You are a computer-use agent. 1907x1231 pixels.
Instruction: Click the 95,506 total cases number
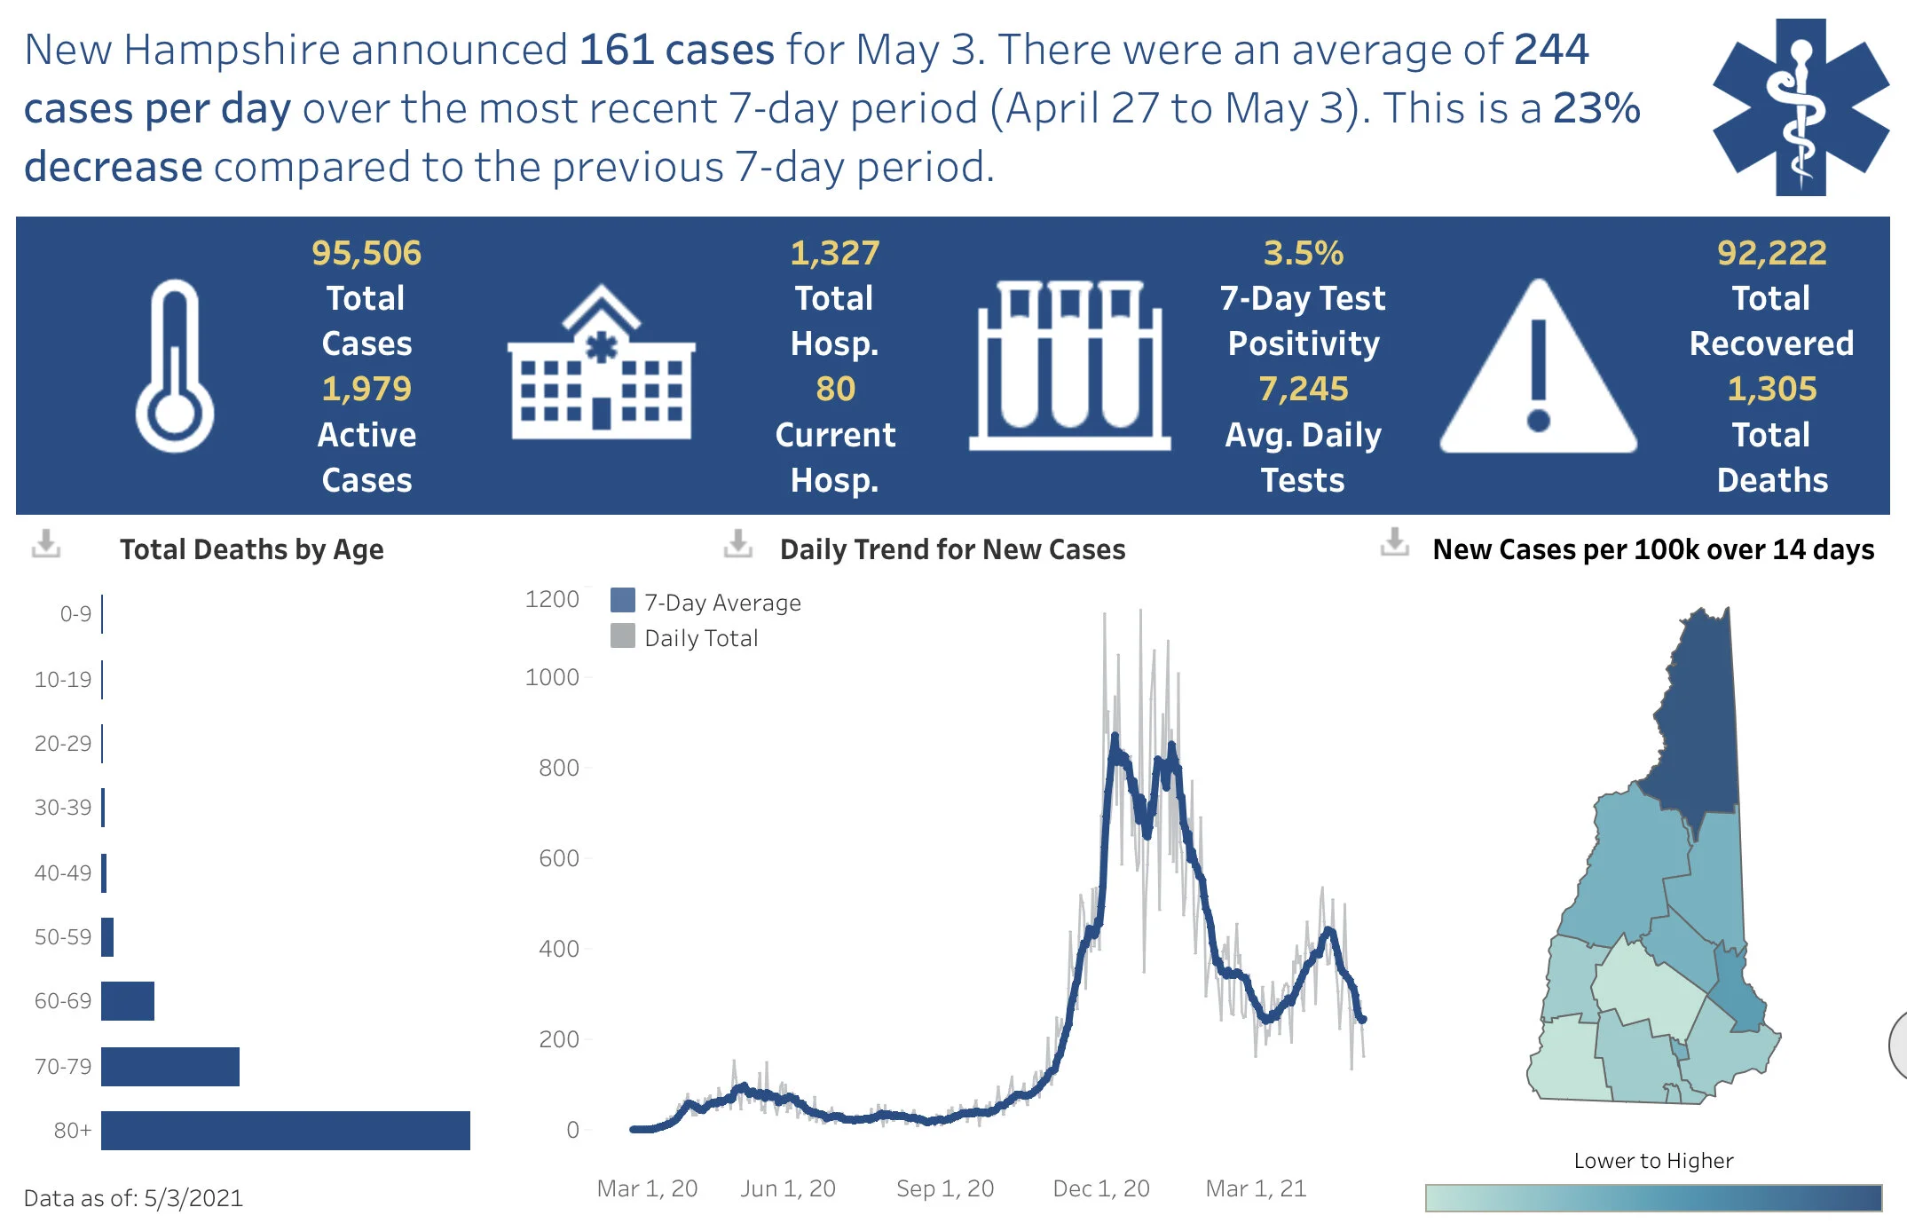click(366, 253)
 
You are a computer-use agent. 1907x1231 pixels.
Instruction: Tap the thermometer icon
click(175, 367)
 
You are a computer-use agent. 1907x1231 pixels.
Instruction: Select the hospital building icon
click(601, 364)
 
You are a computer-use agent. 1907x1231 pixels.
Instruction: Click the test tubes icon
click(1069, 366)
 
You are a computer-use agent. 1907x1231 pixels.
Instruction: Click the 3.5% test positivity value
click(1303, 253)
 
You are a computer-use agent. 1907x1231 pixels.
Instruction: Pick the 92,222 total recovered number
click(1771, 253)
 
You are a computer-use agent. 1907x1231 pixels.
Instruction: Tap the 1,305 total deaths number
click(1771, 389)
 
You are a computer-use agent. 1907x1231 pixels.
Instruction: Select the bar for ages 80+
click(285, 1130)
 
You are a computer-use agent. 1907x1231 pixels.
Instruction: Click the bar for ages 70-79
click(170, 1066)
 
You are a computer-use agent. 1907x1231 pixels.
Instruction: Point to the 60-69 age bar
click(128, 1001)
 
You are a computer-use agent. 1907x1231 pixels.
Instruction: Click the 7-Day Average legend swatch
click(623, 601)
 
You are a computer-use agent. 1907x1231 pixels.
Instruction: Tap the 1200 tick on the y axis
click(552, 599)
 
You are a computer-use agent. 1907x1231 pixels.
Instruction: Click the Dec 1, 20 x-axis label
click(1100, 1188)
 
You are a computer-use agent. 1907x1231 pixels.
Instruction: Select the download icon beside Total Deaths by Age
click(46, 543)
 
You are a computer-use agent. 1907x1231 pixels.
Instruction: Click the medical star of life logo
click(1801, 107)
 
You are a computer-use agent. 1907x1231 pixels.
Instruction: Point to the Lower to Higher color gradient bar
click(1652, 1197)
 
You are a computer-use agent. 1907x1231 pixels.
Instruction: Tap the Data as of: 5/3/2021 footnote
click(133, 1198)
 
